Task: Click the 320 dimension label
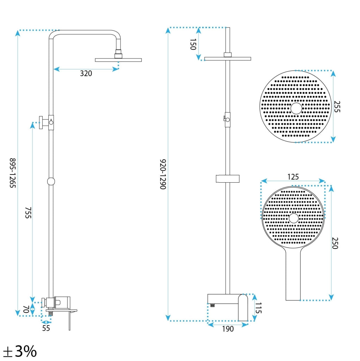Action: coord(86,73)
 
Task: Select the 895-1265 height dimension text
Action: coord(12,173)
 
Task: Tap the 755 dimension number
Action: coord(28,213)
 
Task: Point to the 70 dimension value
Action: coord(26,309)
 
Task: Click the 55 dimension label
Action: coord(46,328)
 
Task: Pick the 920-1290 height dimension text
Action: coord(163,174)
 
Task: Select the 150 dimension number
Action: coord(193,44)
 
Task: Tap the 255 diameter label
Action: coord(337,106)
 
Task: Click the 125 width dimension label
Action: coord(293,177)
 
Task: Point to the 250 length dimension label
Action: coord(335,243)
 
